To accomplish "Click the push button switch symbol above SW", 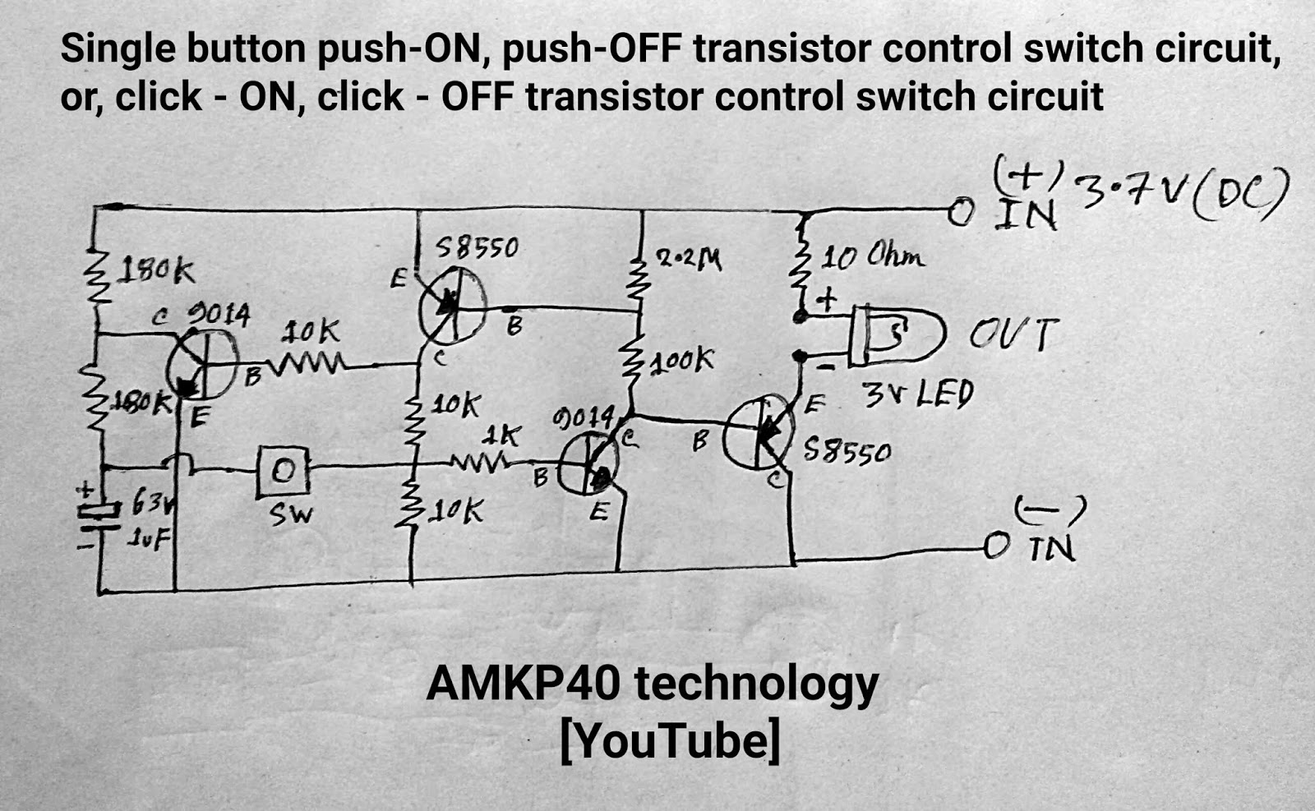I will coord(283,471).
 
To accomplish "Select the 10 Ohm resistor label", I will coord(873,258).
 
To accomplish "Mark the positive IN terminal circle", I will coord(959,212).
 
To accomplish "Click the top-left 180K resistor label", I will coord(157,270).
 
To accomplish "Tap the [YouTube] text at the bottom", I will coord(670,740).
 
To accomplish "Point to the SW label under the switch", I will coord(291,514).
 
